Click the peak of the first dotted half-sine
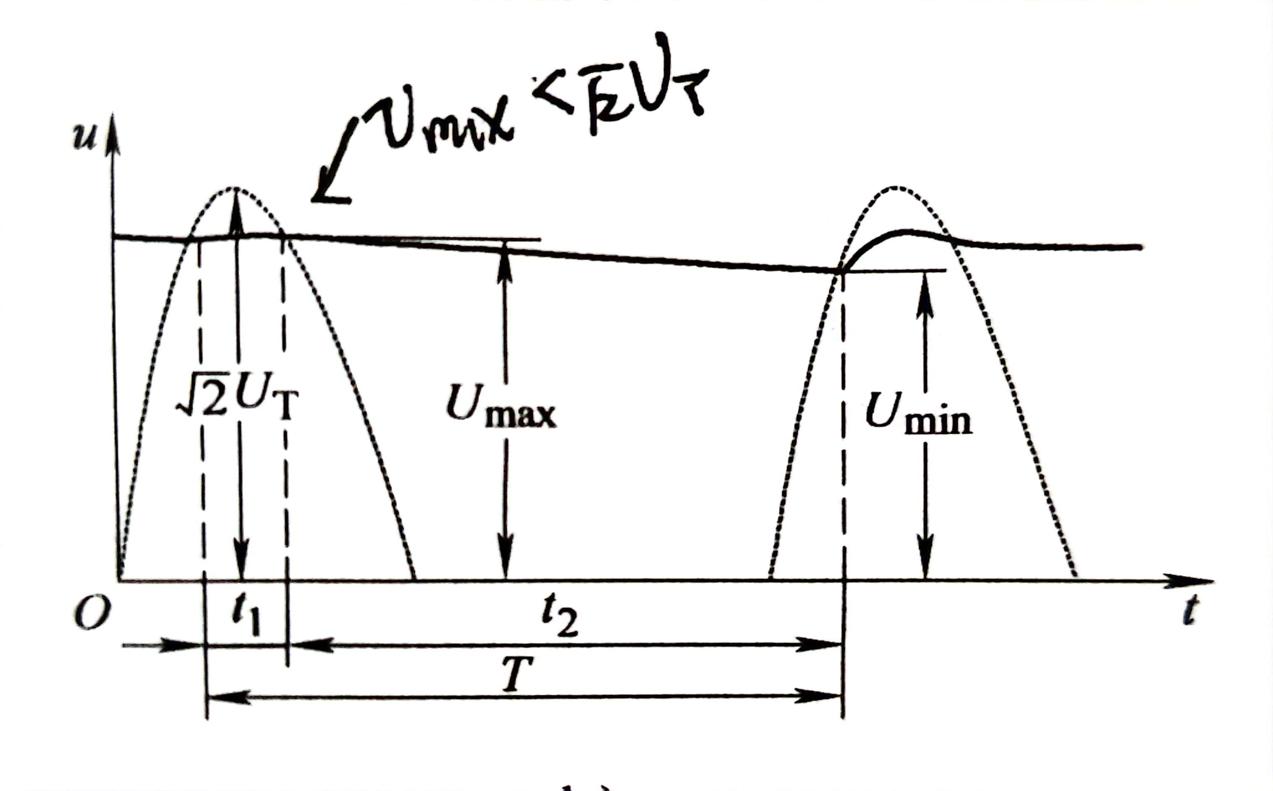click(236, 188)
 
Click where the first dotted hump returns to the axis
click(415, 579)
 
